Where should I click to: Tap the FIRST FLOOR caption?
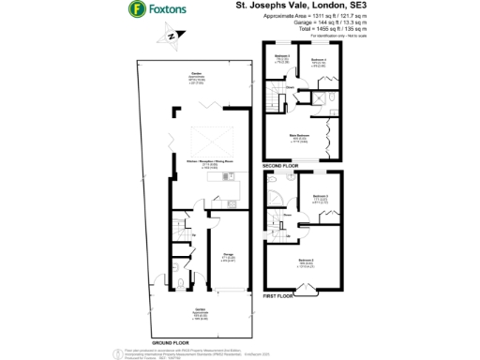[279, 295]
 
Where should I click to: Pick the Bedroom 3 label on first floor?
[320, 198]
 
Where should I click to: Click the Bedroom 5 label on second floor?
[281, 57]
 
